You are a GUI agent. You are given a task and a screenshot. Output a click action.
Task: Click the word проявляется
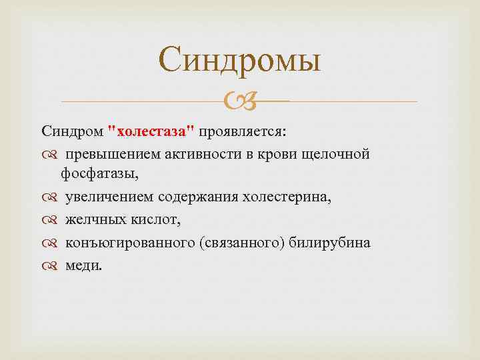pyautogui.click(x=247, y=130)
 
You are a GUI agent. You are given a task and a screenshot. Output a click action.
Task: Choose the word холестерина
pyautogui.click(x=286, y=198)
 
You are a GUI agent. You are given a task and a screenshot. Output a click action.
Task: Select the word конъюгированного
pyautogui.click(x=129, y=243)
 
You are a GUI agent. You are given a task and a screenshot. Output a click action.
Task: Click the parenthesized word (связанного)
pyautogui.click(x=243, y=243)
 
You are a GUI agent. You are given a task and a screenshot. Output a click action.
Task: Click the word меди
pyautogui.click(x=84, y=265)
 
